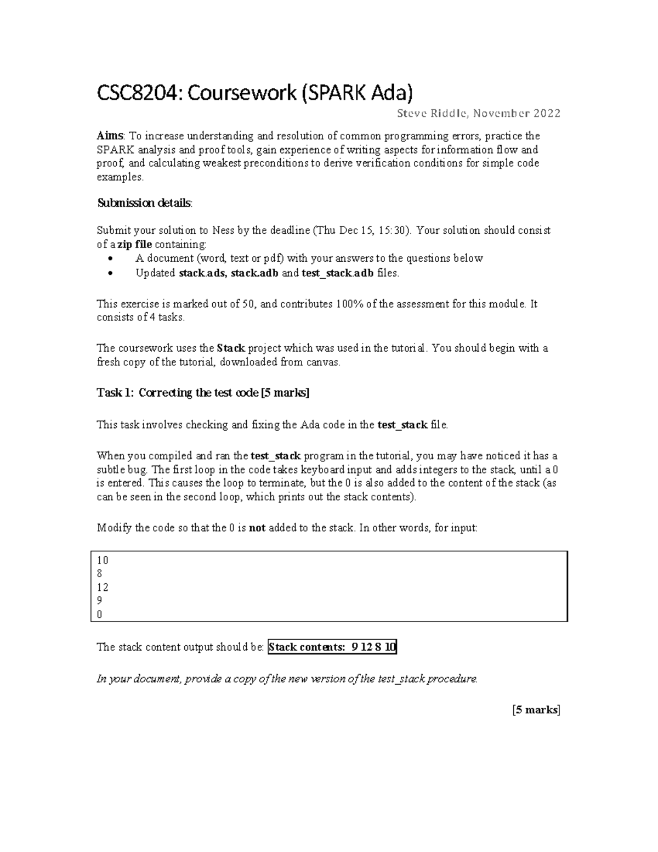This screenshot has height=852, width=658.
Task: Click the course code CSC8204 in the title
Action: coord(138,93)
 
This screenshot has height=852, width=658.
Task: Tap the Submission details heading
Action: coord(145,203)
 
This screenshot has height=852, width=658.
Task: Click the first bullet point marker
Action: coord(111,258)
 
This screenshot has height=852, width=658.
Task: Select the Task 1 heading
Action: coord(203,393)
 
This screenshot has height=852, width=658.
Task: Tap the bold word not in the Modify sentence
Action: coord(257,528)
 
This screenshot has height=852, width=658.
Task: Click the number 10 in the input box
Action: coord(103,560)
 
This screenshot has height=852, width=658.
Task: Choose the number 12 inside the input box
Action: coord(103,588)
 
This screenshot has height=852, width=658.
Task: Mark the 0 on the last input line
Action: coord(100,614)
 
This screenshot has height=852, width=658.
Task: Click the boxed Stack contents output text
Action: coord(332,647)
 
